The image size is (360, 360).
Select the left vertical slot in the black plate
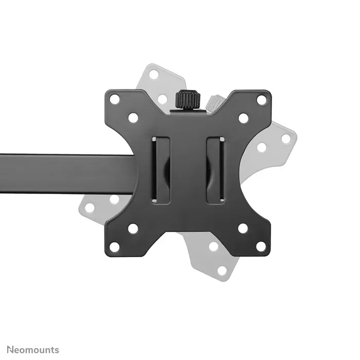pos(161,170)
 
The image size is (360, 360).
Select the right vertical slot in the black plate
pos(215,170)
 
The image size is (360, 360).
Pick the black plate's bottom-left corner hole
pos(115,246)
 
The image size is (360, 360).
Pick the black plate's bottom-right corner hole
pos(261,246)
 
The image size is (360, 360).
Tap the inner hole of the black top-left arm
pos(133,118)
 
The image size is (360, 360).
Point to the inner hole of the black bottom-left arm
pos(133,228)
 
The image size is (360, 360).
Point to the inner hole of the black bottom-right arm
pos(243,228)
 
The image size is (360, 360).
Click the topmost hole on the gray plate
pos(153,75)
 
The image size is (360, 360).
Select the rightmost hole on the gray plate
pos(286,139)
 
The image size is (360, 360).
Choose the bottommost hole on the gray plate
pos(222,271)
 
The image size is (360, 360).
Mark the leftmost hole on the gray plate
pos(89,208)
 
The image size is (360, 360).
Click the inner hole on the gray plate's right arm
pos(262,148)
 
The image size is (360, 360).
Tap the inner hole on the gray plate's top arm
pos(163,99)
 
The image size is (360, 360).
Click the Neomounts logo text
pos(33,350)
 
